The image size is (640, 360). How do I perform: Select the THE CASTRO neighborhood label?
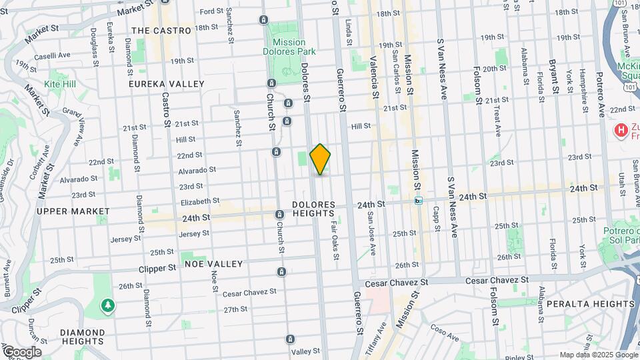[161, 31]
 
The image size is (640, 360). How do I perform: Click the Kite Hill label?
[60, 85]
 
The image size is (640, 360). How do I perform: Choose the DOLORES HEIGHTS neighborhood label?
[313, 209]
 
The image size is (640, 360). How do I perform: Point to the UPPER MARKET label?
[73, 211]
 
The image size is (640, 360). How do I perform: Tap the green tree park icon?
[107, 305]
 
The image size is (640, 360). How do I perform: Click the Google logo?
[21, 352]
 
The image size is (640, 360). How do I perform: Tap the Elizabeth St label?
[200, 201]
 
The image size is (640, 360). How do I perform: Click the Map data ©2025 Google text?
[597, 355]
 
